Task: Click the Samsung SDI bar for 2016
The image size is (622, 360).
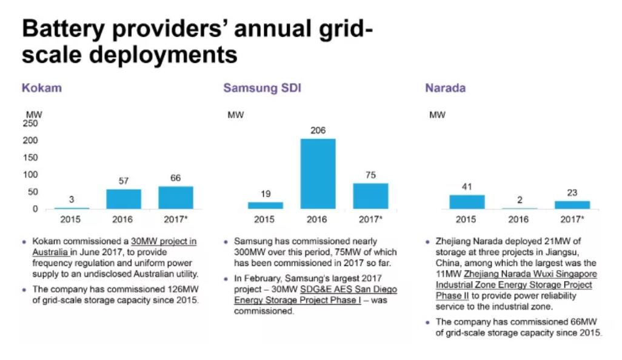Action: coord(318,174)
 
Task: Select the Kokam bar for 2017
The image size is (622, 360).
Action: coord(176,198)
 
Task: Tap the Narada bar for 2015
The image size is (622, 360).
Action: coord(466,202)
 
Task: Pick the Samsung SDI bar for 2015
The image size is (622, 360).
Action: coord(265,205)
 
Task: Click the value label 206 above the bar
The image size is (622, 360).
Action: coord(318,130)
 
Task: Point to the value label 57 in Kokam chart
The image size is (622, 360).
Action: coord(123,181)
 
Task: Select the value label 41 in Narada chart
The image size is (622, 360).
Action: coord(466,187)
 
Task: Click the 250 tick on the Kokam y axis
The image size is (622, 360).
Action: coord(30,123)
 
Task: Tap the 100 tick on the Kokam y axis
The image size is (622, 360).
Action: coord(30,175)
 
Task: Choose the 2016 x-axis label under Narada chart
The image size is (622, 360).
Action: coord(519,219)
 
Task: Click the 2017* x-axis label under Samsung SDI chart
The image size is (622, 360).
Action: coord(370,219)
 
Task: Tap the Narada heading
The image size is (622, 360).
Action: coord(445,88)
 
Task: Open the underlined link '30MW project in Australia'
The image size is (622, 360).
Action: coord(164,241)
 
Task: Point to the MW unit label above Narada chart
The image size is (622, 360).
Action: coord(437,115)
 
